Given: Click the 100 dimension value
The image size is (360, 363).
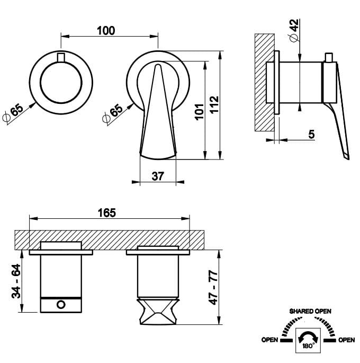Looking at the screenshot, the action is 106,31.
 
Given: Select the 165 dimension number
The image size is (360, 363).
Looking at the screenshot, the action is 106,213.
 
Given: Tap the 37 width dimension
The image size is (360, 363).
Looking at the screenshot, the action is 158,176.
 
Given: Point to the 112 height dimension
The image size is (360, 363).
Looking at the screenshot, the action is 214,104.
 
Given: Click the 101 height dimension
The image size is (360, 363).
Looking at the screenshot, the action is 200,112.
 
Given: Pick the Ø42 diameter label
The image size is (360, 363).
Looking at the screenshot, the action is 294,31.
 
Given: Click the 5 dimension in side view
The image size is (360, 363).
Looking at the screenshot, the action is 311,134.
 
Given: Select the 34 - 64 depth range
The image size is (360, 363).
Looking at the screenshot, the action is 16,281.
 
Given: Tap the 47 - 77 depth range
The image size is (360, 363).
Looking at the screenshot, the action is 213,287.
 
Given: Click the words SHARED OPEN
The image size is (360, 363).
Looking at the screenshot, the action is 310,312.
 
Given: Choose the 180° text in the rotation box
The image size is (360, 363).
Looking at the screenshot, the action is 308,346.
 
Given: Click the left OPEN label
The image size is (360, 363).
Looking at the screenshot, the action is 269,340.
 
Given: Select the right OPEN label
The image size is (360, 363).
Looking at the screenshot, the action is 346,340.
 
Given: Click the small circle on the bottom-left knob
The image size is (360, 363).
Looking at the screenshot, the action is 61,304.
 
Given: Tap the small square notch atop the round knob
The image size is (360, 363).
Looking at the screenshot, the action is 61,57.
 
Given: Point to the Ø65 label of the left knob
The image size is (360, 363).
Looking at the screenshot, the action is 13,113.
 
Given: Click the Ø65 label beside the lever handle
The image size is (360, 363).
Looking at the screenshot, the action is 113,113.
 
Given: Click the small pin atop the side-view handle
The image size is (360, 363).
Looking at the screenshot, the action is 329,57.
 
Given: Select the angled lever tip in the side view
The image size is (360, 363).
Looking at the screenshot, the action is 346,157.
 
